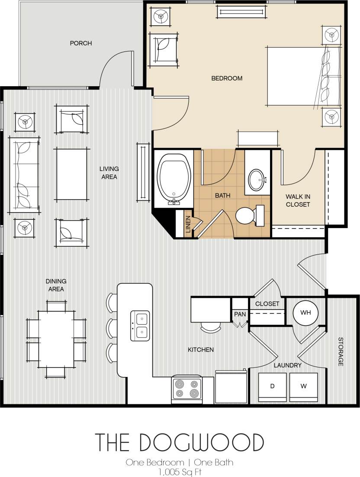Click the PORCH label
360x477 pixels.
click(x=81, y=43)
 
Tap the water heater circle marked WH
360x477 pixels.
click(x=305, y=313)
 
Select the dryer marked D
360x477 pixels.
click(x=273, y=386)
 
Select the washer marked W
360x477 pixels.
click(x=303, y=386)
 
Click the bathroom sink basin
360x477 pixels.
click(x=258, y=178)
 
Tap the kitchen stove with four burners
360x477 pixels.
click(x=186, y=388)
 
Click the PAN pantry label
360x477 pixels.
click(x=240, y=314)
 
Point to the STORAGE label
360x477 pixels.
click(x=341, y=351)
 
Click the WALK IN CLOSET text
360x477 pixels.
click(x=298, y=200)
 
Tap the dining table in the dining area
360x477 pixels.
click(x=56, y=338)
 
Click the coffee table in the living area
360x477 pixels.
click(x=71, y=174)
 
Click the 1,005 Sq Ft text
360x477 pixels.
click(x=180, y=471)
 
